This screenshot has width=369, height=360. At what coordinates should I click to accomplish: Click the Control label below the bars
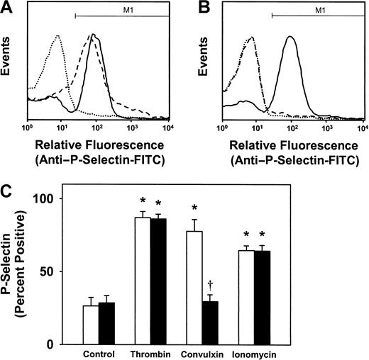tap(99, 354)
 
